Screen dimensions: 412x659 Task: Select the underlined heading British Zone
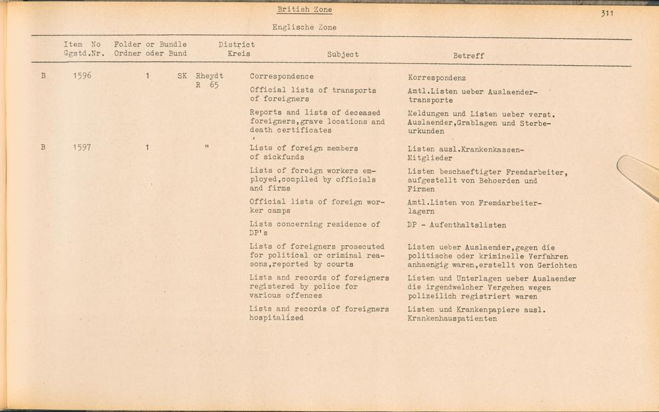(304, 10)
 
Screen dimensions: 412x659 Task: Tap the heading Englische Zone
(304, 28)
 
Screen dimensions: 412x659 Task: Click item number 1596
(82, 76)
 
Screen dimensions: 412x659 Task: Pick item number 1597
(82, 148)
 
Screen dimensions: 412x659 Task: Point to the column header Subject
(343, 55)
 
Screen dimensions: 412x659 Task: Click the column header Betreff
(468, 56)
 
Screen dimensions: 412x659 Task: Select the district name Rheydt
(209, 76)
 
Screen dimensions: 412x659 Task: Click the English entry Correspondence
(281, 76)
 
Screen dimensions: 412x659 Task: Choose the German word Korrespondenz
(437, 78)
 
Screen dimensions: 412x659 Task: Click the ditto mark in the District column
(207, 147)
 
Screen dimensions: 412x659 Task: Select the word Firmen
(421, 189)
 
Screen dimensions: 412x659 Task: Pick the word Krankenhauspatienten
(452, 319)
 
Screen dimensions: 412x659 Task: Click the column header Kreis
(239, 54)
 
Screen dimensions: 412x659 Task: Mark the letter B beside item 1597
(43, 148)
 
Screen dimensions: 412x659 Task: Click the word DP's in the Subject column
(258, 233)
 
